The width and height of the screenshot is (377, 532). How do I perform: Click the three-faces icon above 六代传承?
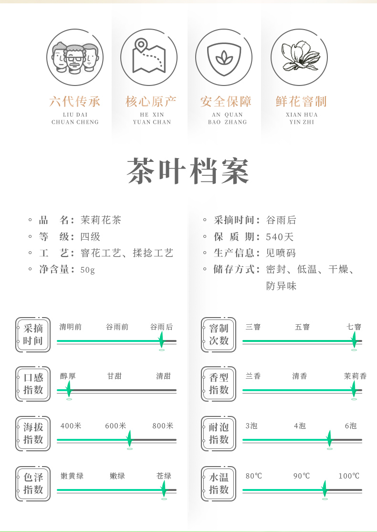point(75,57)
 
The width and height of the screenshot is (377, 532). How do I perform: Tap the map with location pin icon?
point(149,57)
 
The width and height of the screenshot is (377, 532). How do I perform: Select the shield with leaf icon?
point(223,57)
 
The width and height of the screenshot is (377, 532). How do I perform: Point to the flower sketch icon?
point(299,57)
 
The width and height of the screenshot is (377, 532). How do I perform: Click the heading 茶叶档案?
point(188,171)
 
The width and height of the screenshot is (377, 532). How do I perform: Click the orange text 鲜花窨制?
point(301,101)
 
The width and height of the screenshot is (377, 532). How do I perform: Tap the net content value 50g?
point(88,270)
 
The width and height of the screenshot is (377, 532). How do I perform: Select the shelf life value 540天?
point(280,237)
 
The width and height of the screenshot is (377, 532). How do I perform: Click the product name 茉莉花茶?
point(101,220)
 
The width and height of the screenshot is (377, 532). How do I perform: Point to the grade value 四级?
point(90,237)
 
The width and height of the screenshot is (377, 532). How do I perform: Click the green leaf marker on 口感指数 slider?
point(69,389)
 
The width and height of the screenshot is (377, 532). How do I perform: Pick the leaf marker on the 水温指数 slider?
point(325,489)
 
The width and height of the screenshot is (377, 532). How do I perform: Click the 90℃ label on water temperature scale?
point(302,476)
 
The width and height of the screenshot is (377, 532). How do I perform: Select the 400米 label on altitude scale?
point(71,426)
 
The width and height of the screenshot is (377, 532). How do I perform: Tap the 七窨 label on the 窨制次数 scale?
point(354,327)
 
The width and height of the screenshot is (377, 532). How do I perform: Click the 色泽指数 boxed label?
point(33,483)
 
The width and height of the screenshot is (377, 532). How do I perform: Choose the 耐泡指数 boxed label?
point(219,433)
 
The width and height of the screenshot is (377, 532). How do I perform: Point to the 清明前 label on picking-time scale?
point(71,327)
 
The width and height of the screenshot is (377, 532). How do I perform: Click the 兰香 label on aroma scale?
point(253,376)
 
